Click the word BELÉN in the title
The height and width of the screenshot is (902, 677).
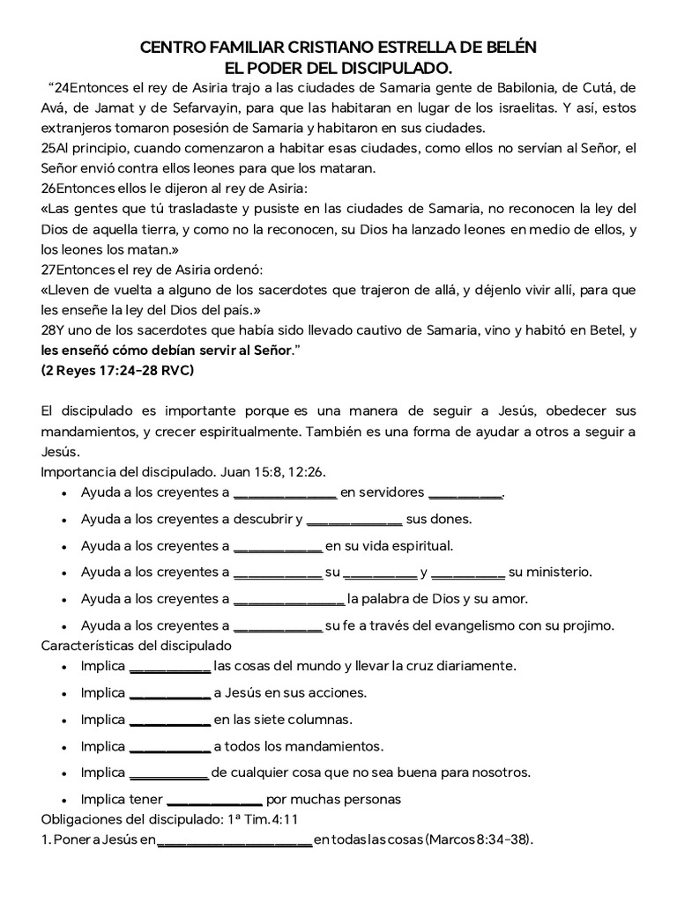tap(509, 47)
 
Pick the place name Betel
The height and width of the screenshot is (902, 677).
tap(597, 330)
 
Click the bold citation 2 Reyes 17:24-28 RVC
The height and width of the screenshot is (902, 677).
tap(117, 370)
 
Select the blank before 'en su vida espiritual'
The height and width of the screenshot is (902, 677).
tap(278, 545)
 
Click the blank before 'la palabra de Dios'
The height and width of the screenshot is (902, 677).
tap(288, 599)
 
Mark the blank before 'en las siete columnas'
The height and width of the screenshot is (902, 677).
tap(169, 719)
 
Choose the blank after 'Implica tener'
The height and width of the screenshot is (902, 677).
tap(214, 800)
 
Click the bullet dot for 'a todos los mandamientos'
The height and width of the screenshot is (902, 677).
tap(65, 747)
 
